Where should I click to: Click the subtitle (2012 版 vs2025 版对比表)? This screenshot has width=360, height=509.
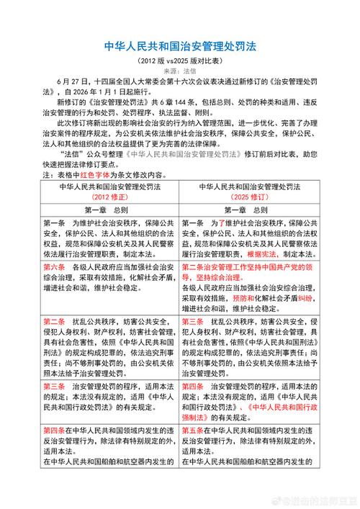(179, 62)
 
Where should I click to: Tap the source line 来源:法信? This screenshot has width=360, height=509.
(179, 72)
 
